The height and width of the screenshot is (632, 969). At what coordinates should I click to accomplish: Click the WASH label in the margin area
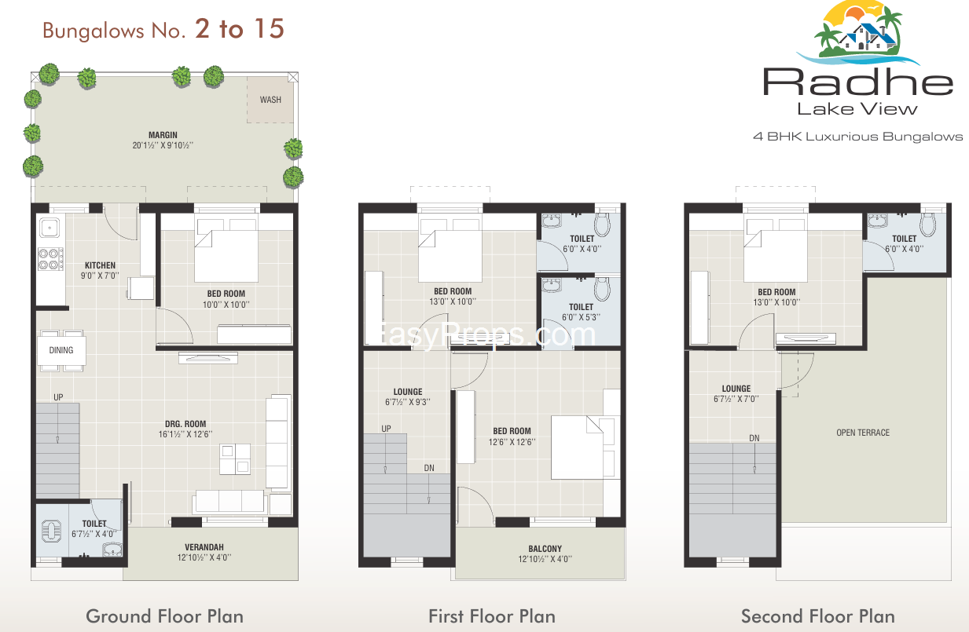(270, 100)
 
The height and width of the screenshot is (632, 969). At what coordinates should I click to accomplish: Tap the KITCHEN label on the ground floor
(100, 265)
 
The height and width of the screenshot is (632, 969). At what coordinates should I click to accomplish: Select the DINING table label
(61, 350)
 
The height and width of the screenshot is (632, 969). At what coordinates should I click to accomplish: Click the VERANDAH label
(204, 547)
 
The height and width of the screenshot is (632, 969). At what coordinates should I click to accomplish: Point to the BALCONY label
(545, 549)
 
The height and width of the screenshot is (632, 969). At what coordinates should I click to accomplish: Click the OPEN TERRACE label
(863, 433)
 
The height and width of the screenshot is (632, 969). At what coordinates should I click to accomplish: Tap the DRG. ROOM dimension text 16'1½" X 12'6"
(185, 434)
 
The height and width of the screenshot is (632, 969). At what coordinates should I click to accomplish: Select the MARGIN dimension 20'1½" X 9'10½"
(163, 146)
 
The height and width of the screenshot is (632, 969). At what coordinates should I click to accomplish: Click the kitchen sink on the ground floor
(50, 228)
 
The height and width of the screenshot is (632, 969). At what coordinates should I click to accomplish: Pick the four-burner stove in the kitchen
(50, 259)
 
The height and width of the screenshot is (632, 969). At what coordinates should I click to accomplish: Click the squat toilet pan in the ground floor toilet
(52, 531)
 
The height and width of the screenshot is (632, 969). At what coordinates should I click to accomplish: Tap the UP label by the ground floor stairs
(58, 397)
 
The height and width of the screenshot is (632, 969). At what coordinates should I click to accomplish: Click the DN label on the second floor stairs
(754, 438)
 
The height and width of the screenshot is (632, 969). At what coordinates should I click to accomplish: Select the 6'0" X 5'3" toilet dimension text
(581, 317)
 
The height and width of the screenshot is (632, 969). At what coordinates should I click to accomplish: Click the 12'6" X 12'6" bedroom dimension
(512, 442)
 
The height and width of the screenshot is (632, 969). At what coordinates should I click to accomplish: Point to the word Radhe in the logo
(858, 82)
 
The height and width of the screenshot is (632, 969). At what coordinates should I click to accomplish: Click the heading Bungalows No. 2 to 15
(163, 29)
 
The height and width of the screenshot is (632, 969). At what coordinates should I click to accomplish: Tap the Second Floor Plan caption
(818, 616)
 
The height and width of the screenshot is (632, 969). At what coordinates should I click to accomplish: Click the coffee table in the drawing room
(235, 459)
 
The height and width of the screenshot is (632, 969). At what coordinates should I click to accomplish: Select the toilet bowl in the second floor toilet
(927, 225)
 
